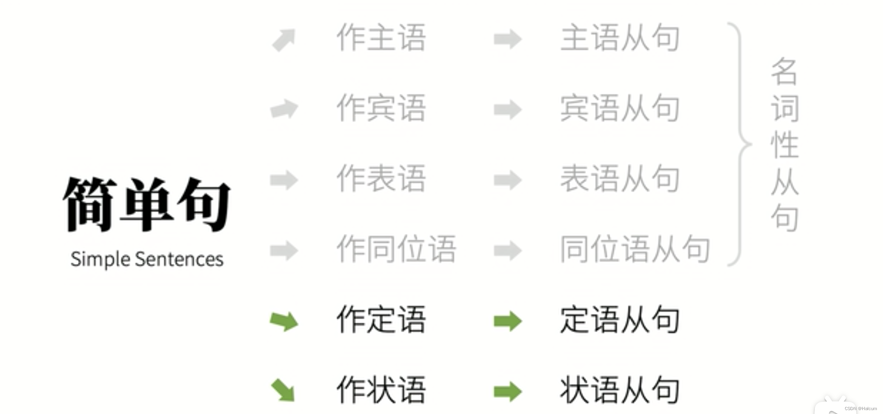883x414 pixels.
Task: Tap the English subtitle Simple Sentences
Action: [147, 259]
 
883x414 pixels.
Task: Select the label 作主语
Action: [381, 38]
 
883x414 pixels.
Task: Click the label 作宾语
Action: [381, 108]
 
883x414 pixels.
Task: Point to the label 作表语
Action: [381, 179]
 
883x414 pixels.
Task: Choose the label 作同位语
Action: [396, 249]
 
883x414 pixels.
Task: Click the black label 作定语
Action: [381, 320]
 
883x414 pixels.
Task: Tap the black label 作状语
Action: [381, 390]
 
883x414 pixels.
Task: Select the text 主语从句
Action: [620, 38]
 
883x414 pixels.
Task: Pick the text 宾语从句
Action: [620, 108]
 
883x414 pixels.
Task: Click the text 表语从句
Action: [620, 179]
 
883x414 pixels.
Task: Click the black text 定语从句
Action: [620, 320]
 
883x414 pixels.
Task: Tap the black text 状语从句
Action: [620, 390]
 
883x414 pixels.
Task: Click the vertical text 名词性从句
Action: [785, 144]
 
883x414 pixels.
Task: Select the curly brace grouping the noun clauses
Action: [740, 144]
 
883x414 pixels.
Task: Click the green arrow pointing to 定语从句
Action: [507, 321]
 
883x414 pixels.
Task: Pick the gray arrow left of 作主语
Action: [284, 40]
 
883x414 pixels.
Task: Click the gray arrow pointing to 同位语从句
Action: [507, 250]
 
